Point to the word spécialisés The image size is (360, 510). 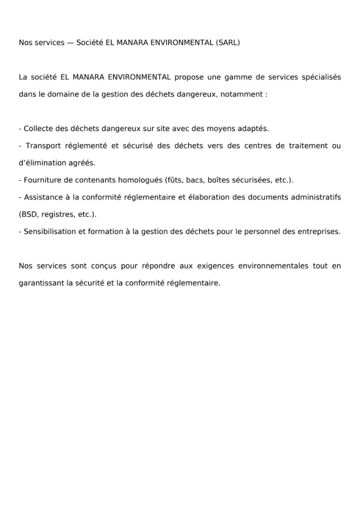click(x=321, y=77)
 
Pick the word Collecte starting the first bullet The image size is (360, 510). click(x=38, y=128)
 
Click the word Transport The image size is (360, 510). click(x=44, y=145)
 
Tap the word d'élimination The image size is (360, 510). click(x=41, y=163)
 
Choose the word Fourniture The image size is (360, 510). click(x=42, y=180)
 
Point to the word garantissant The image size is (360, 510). click(x=40, y=283)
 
